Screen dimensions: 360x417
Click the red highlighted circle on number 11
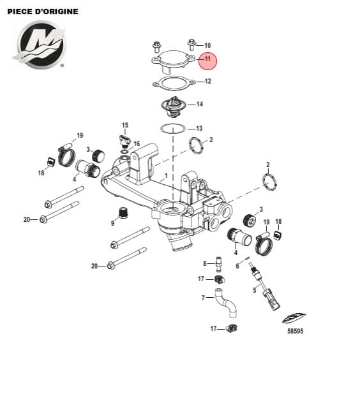(207, 61)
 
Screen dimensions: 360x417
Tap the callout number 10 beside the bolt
(207, 45)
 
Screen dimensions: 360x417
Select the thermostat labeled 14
(172, 106)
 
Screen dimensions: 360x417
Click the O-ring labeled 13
(173, 129)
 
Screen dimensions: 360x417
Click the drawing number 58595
(296, 331)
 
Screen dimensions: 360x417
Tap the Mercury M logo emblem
(40, 45)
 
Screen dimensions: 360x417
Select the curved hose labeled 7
(225, 303)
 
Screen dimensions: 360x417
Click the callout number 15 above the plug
(125, 125)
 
